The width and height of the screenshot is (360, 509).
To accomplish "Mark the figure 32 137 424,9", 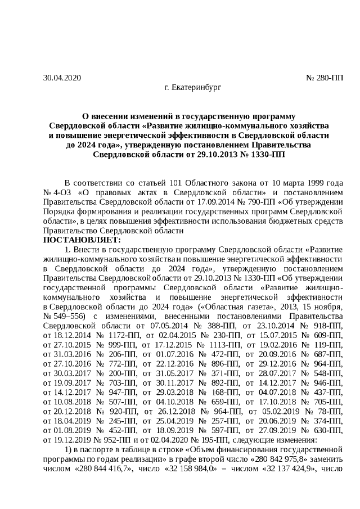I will (290, 469).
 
